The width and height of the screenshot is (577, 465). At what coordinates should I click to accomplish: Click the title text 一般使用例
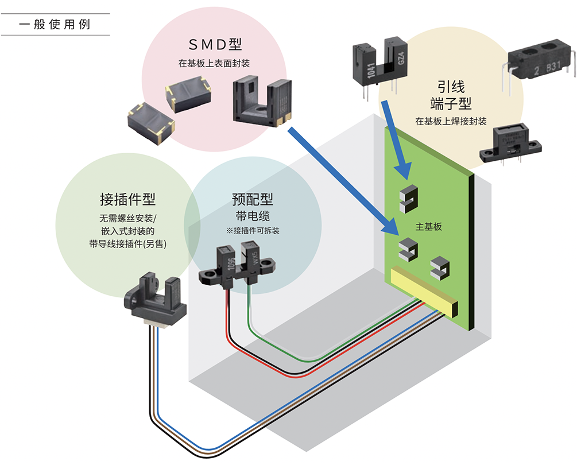coord(55,25)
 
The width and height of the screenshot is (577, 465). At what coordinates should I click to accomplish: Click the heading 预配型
coord(253,199)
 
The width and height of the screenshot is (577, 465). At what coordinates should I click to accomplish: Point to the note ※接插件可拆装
coord(253,231)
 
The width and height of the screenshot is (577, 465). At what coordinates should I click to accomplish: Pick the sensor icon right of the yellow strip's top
coord(440,266)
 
